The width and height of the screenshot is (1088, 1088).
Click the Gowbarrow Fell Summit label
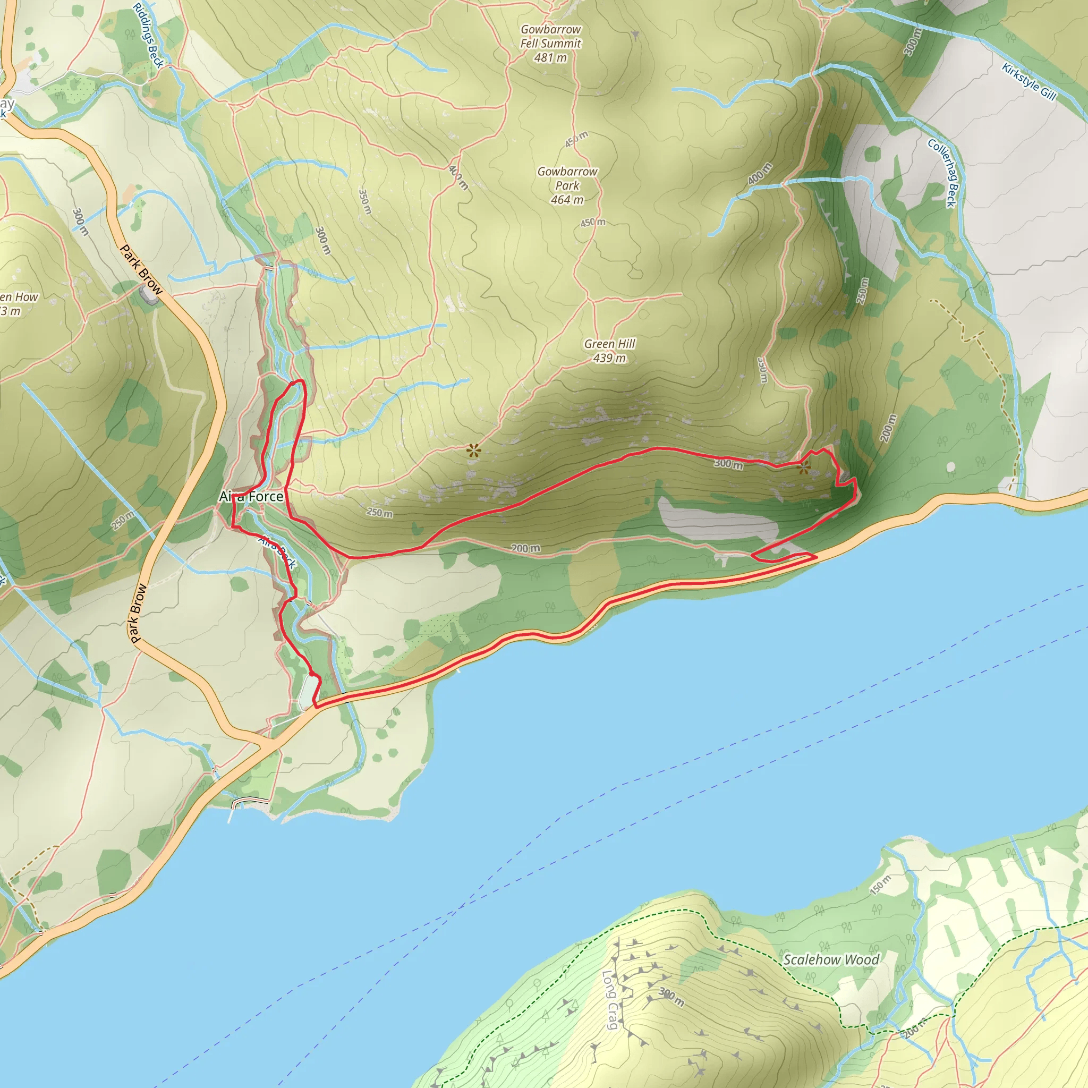coord(550,44)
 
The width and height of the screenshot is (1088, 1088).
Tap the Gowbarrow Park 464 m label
coord(567,185)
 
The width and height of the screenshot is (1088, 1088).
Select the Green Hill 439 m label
coord(609,351)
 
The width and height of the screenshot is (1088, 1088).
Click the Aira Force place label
coord(251,496)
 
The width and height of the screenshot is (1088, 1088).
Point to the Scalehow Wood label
coord(831,959)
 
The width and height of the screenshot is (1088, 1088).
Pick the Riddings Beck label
coord(148,35)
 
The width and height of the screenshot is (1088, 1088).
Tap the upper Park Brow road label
coord(141,270)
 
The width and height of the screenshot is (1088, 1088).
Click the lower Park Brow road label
coord(138,614)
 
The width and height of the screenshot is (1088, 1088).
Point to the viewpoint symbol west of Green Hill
coord(473,450)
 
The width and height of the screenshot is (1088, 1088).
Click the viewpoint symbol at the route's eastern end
coord(804,467)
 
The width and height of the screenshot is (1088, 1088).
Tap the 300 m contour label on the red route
coord(728,463)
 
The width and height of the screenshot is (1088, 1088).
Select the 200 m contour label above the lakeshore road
coord(525,548)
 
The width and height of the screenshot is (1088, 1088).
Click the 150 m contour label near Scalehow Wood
coord(880,885)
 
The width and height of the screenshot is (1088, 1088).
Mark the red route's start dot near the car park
coord(312,674)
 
